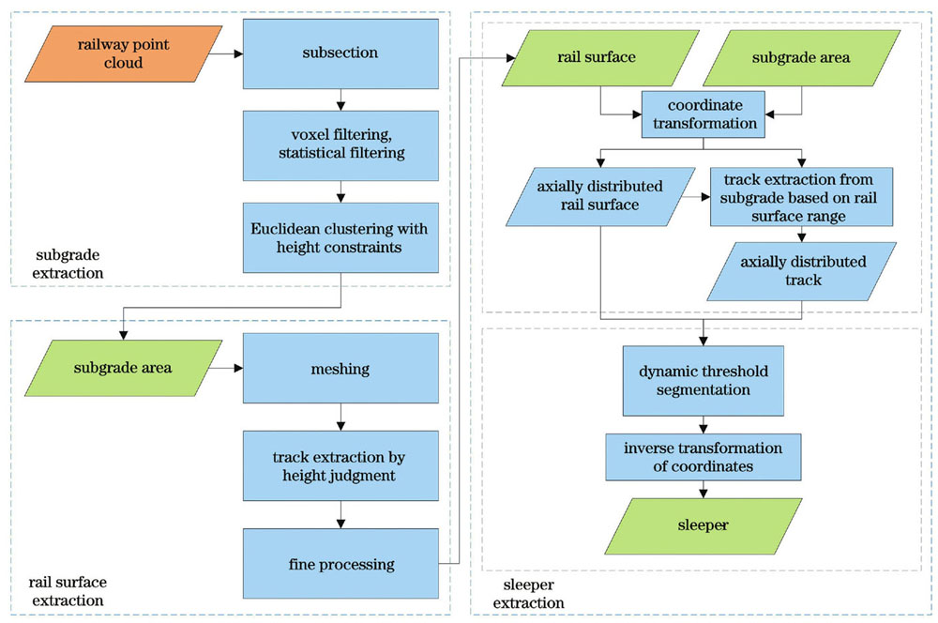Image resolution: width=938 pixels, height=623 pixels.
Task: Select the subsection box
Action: click(340, 53)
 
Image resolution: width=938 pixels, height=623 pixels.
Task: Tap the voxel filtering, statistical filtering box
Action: click(340, 144)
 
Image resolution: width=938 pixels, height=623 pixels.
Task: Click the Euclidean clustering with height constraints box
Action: click(340, 236)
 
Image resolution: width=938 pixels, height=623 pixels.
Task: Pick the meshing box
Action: click(340, 369)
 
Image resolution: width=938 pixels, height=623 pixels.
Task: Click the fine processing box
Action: click(340, 563)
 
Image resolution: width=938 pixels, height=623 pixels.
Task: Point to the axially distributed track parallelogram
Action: click(801, 271)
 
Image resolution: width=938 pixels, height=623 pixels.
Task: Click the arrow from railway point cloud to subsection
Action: click(225, 53)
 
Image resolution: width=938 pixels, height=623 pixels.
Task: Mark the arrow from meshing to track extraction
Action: click(340, 416)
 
